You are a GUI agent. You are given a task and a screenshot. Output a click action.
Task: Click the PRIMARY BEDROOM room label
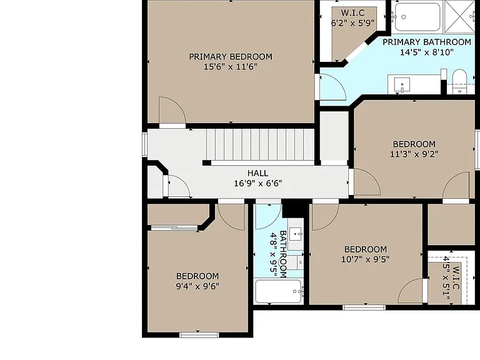click(231, 57)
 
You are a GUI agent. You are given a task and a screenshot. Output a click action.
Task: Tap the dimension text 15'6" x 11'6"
click(231, 66)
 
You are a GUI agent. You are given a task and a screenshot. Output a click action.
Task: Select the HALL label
click(257, 173)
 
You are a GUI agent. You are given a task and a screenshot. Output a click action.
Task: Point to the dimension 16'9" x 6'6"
click(257, 183)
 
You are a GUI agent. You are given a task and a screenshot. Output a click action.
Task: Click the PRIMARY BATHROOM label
click(427, 42)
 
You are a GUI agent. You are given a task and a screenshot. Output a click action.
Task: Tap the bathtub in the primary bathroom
click(417, 17)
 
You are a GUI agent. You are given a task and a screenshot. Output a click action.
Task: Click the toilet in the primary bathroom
click(459, 81)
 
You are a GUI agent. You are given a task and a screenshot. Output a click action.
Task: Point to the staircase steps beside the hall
click(260, 144)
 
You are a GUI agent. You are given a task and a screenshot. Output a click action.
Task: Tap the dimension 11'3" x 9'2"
click(414, 154)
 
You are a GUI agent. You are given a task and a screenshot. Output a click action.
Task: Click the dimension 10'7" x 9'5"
click(365, 259)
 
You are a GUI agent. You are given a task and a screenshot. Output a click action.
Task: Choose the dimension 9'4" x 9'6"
click(197, 286)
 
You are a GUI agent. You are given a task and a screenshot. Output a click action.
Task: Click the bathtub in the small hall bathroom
click(278, 291)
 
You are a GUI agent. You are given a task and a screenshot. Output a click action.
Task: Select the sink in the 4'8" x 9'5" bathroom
click(296, 234)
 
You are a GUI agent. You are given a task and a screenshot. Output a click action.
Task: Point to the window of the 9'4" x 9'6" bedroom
click(199, 335)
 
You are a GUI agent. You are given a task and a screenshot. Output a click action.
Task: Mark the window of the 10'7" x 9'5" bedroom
click(364, 307)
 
